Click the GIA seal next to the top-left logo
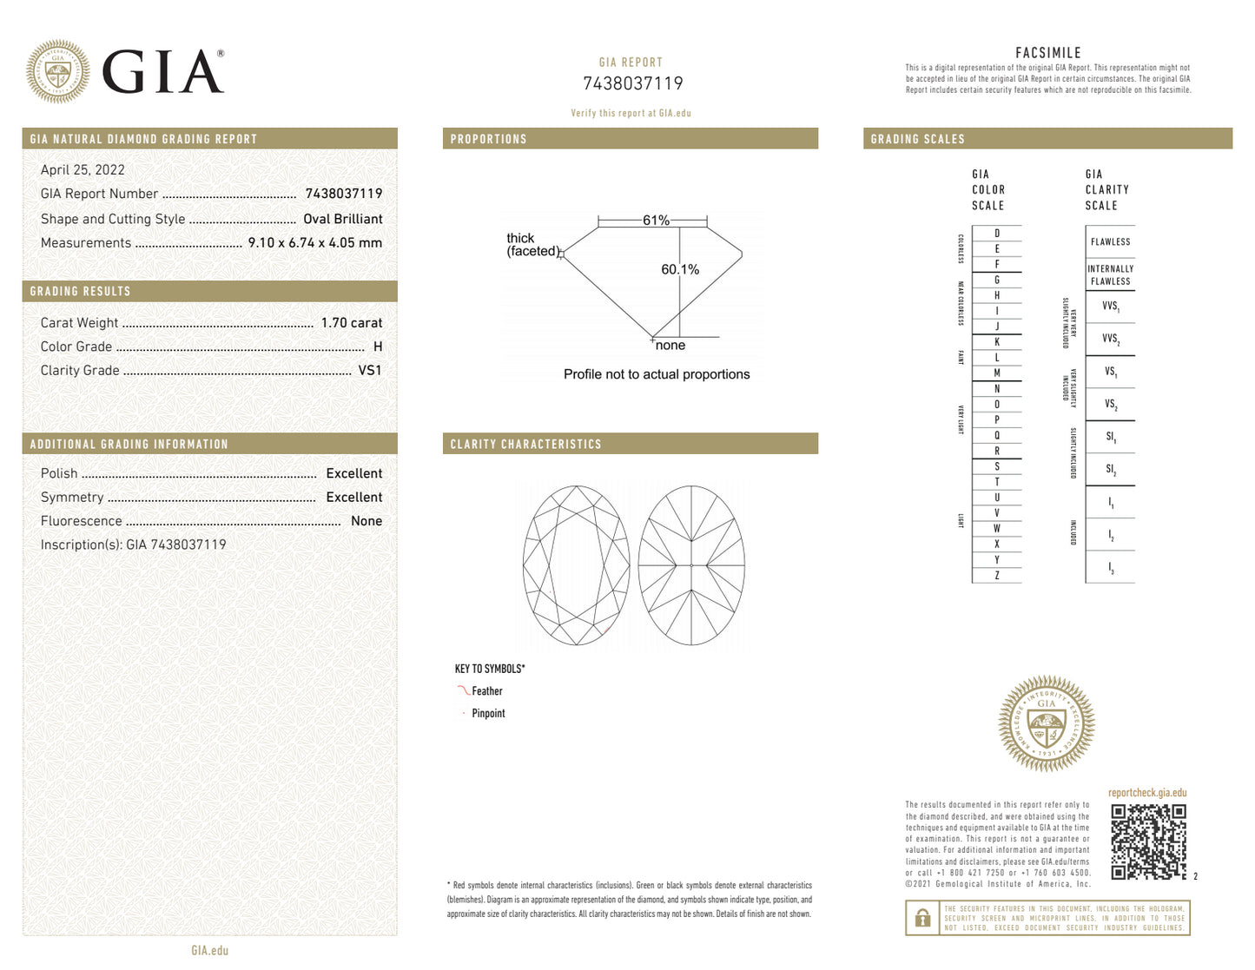pyautogui.click(x=58, y=71)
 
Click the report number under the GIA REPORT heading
pyautogui.click(x=632, y=83)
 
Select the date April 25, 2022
pyautogui.click(x=83, y=170)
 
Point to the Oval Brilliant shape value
pyautogui.click(x=342, y=219)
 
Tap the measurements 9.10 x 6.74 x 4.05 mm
pyautogui.click(x=314, y=243)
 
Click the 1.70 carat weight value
pyautogui.click(x=351, y=323)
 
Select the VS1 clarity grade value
pyautogui.click(x=370, y=370)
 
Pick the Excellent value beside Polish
pyautogui.click(x=353, y=473)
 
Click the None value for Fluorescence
pyautogui.click(x=366, y=521)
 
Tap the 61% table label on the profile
pyautogui.click(x=656, y=221)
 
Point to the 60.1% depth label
pyautogui.click(x=680, y=270)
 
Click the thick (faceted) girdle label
pyautogui.click(x=532, y=245)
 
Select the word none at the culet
pyautogui.click(x=670, y=346)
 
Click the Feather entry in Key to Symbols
pyautogui.click(x=486, y=691)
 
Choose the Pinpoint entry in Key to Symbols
pyautogui.click(x=488, y=714)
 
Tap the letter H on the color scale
pyautogui.click(x=996, y=295)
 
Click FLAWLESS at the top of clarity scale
pyautogui.click(x=1110, y=242)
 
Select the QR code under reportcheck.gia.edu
pyautogui.click(x=1148, y=841)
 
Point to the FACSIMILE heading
pyautogui.click(x=1047, y=53)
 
